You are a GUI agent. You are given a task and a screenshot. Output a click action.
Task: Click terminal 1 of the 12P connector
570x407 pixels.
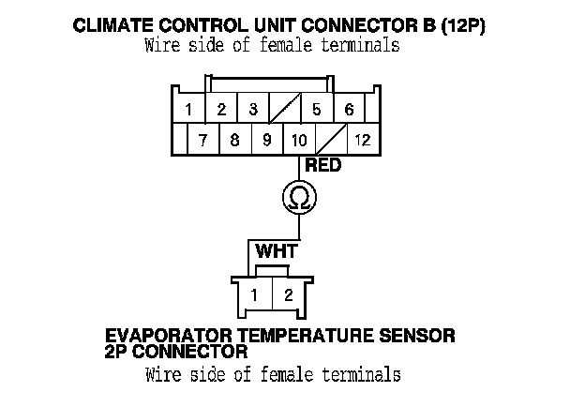pos(188,110)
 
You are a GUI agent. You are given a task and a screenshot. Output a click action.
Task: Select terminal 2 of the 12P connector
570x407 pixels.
pos(221,110)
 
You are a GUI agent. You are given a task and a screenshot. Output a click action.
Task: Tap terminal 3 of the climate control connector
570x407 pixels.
pos(253,110)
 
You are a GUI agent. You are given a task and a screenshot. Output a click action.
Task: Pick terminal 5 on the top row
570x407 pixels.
pos(317,110)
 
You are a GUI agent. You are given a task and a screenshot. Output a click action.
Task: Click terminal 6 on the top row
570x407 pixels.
pos(349,110)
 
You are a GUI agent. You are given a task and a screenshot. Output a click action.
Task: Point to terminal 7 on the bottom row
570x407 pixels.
pos(202,141)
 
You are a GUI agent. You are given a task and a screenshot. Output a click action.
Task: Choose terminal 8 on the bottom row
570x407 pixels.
pos(234,141)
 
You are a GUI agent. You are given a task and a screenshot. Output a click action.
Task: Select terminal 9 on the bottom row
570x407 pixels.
pos(266,141)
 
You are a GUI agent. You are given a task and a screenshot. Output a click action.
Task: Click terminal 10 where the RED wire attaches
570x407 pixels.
pos(299,141)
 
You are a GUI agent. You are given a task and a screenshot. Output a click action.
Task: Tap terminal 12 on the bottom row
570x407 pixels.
pos(362,141)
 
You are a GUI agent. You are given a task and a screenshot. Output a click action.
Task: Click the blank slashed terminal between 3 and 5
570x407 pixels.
pos(285,110)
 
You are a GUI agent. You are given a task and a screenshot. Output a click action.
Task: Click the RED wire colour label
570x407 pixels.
pos(323,166)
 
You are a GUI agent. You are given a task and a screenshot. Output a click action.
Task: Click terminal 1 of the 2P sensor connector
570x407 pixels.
pos(255,295)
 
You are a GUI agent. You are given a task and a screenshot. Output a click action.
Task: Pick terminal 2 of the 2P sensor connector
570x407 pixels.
pos(288,295)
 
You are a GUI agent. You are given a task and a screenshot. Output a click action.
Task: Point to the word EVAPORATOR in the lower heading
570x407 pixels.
pos(167,335)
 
